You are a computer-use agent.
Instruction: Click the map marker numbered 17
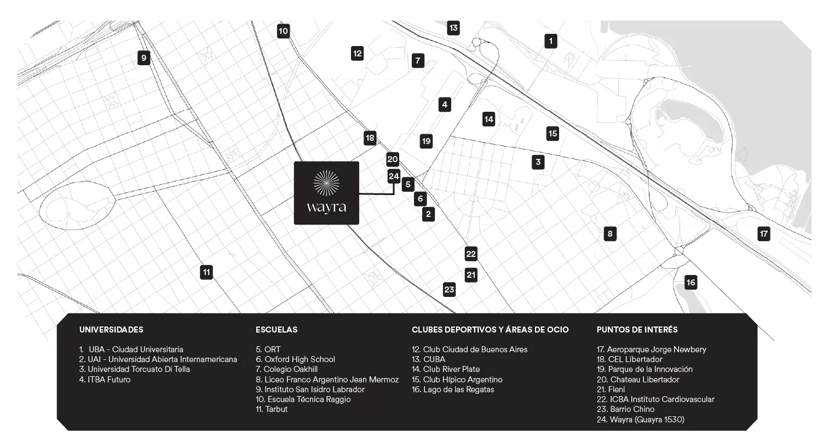pos(763,234)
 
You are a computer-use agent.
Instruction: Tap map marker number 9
pos(143,58)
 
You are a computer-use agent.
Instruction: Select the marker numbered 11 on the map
pos(206,272)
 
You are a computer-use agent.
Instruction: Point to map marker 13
pos(453,27)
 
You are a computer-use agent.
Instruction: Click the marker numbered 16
pos(690,283)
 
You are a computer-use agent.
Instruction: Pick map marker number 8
pos(609,234)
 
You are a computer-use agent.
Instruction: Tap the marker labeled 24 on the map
pos(394,176)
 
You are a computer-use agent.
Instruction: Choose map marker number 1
pos(550,41)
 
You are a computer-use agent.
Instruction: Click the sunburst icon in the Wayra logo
pos(326,183)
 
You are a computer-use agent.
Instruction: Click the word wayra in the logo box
pos(326,208)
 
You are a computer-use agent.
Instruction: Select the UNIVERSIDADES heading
pos(111,330)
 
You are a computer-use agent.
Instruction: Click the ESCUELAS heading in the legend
pos(277,330)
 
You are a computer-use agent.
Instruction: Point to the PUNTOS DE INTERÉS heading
pos(637,330)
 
